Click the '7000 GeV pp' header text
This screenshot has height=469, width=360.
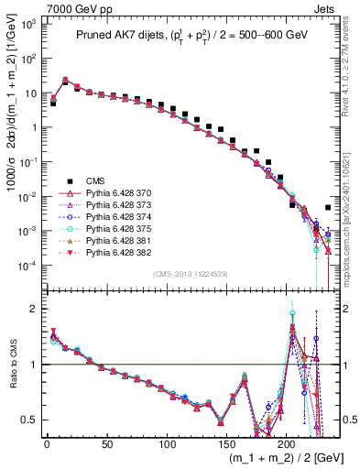pyautogui.click(x=61, y=7)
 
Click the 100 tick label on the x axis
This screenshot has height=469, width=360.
pyautogui.click(x=166, y=442)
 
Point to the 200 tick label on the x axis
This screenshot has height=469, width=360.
pyautogui.click(x=286, y=442)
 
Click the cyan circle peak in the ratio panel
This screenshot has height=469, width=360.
pyautogui.click(x=292, y=314)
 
